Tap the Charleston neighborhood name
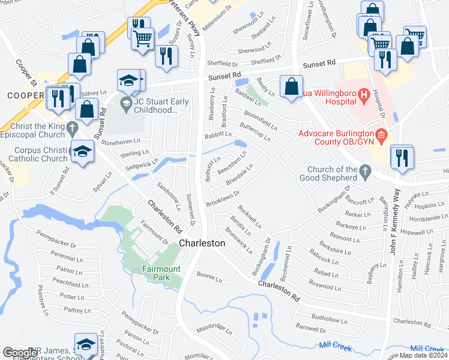(202, 243)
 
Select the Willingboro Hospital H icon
(363, 95)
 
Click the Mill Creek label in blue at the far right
(427, 349)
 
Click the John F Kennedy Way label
(396, 223)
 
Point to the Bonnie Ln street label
(209, 277)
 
